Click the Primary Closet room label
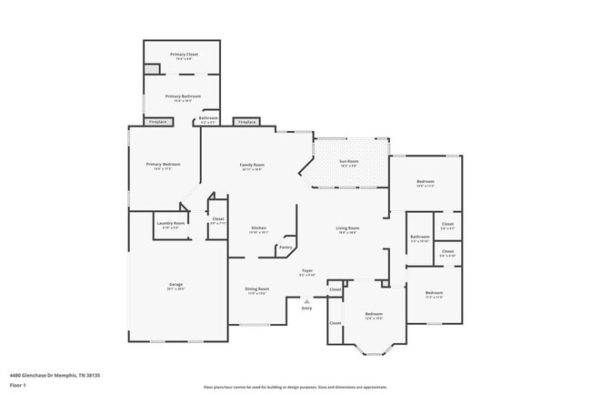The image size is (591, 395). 183,55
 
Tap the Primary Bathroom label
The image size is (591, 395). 183,96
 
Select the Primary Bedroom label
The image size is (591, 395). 164,164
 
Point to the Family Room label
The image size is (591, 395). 252,165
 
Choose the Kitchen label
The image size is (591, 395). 258,228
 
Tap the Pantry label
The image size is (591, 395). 285,247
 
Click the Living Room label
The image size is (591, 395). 347,228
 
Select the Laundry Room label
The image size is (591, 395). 171,223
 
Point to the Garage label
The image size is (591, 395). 175,285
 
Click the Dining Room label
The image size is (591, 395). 256,289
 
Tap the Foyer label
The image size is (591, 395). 307,270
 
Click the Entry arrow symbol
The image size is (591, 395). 306,301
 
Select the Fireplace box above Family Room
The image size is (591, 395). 245,121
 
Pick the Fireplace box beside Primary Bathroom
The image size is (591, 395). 157,121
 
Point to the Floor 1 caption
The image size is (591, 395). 18,385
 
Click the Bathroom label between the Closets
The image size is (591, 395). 420,238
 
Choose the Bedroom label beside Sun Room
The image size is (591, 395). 426,182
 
